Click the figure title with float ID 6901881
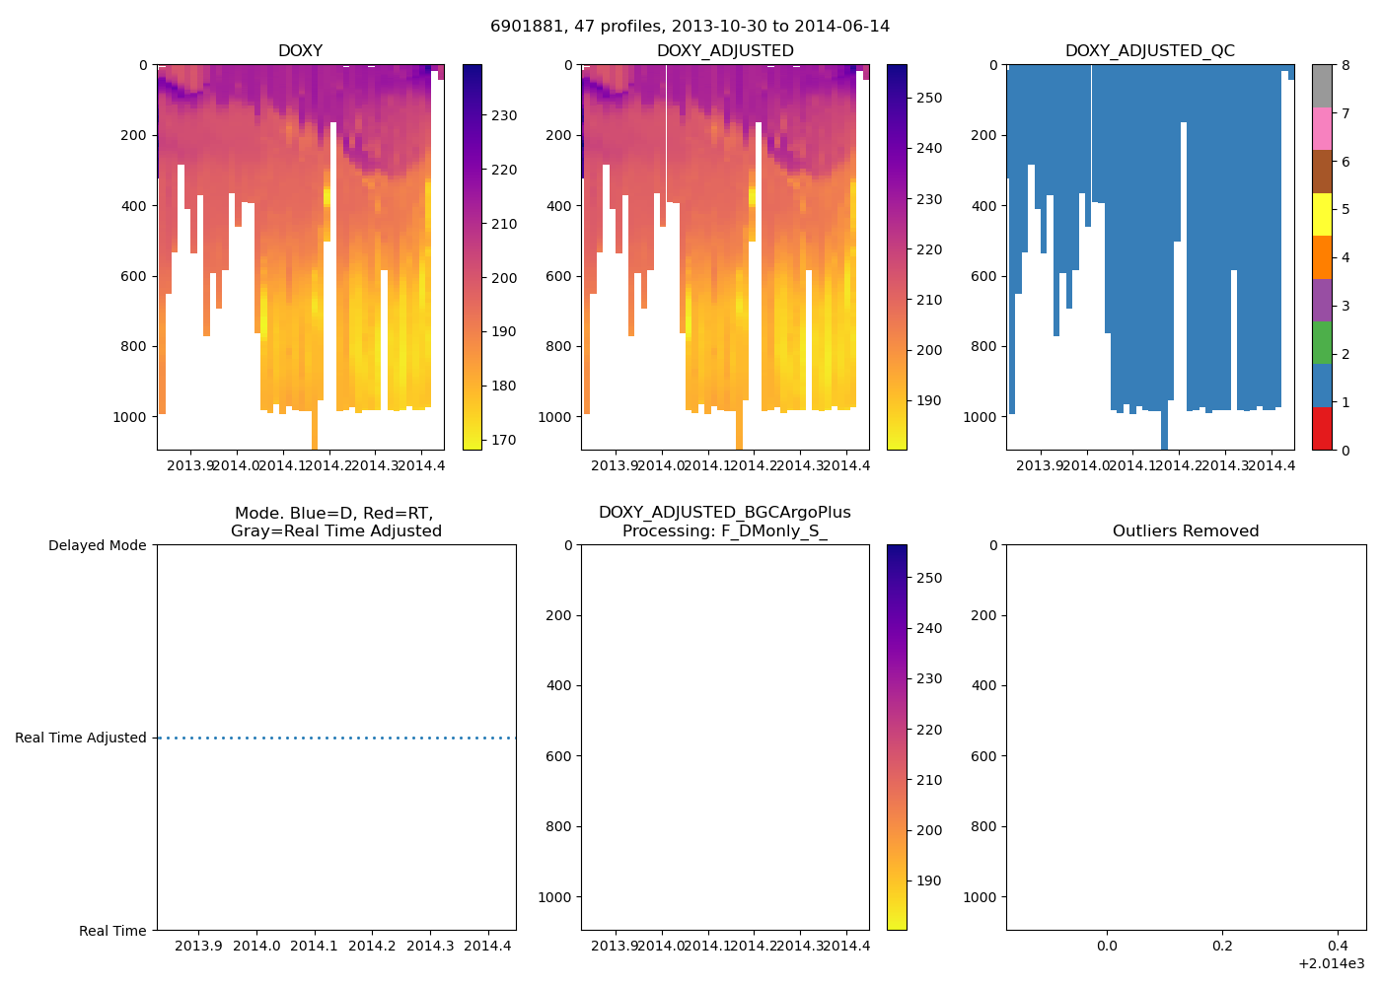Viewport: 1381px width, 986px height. (690, 27)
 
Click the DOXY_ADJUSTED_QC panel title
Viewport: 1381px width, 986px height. (1149, 51)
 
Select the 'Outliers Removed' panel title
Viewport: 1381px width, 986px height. (1185, 531)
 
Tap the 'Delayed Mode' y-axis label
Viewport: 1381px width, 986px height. (97, 545)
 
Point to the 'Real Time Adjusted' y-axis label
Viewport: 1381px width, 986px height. (80, 738)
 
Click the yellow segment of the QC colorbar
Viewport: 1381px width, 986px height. (1322, 214)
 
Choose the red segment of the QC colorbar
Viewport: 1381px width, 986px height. (1322, 429)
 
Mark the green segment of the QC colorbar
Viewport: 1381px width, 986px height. (1322, 342)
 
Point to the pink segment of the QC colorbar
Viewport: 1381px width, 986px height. (1322, 128)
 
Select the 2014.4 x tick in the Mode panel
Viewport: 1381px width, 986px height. (487, 947)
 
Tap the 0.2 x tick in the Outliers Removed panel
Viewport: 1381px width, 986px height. (1222, 947)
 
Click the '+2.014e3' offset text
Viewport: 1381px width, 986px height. (1331, 964)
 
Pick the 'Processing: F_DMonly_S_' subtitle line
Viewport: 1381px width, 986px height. (724, 531)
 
